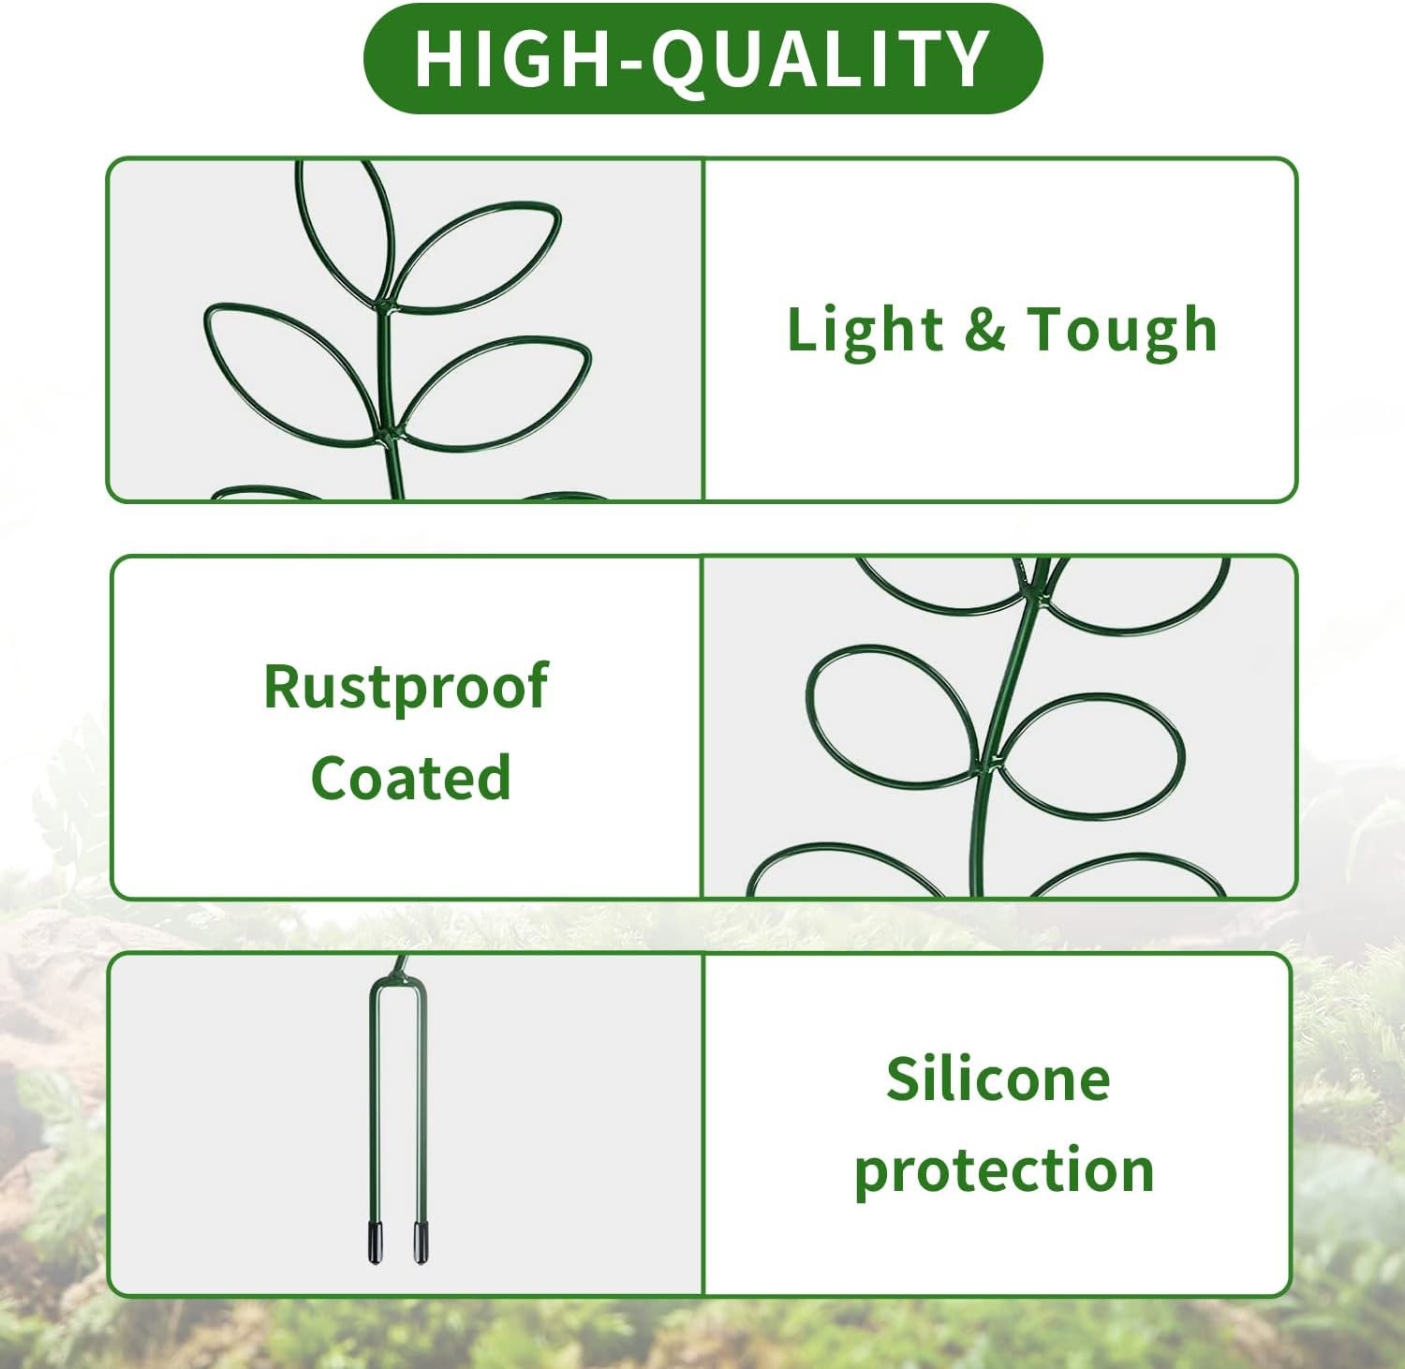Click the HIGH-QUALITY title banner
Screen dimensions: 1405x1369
click(702, 58)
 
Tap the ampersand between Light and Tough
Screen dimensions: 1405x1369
click(984, 329)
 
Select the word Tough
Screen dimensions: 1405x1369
click(1122, 331)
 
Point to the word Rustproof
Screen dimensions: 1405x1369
click(406, 688)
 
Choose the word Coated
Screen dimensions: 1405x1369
click(411, 777)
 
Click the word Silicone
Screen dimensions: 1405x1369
click(998, 1079)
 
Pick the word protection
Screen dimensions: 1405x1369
click(1004, 1170)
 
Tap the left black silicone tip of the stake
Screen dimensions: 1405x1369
click(375, 1243)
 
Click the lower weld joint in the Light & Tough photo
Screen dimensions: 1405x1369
click(389, 438)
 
